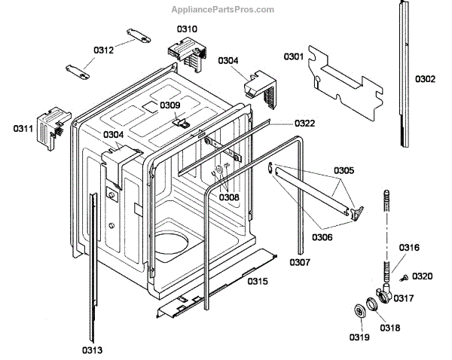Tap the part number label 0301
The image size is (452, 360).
point(293,56)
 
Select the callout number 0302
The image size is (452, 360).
point(425,78)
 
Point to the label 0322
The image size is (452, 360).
point(304,123)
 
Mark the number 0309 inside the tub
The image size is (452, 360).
point(169,105)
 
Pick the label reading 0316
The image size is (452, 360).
point(409,248)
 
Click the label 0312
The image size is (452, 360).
point(104,50)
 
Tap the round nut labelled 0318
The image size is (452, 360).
point(371,305)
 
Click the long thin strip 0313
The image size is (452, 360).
point(93,264)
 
